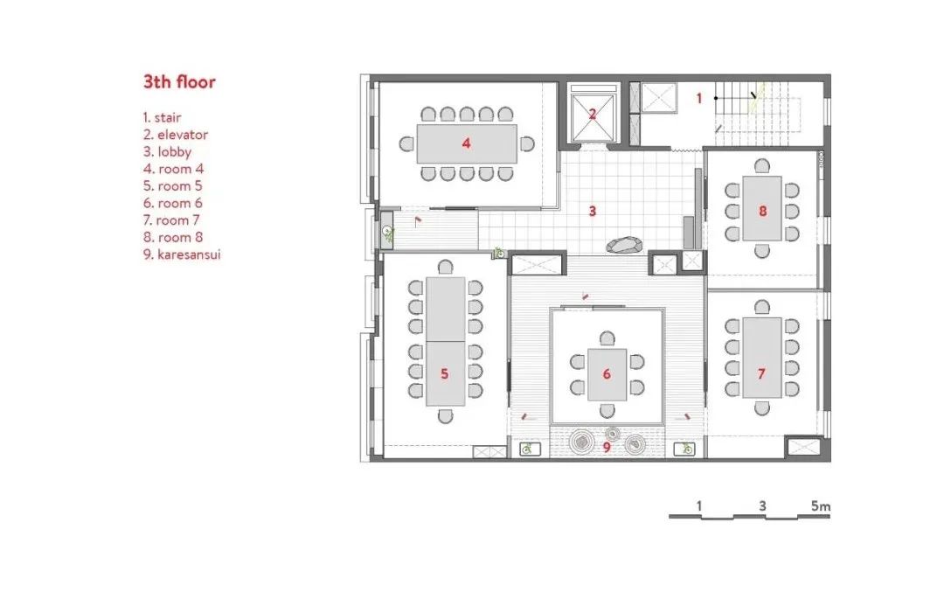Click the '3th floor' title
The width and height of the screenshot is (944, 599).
pyautogui.click(x=179, y=81)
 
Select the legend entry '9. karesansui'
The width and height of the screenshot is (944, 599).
pyautogui.click(x=182, y=254)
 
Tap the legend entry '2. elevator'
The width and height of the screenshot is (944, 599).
pyautogui.click(x=176, y=135)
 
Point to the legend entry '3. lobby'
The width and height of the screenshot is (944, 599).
pyautogui.click(x=167, y=151)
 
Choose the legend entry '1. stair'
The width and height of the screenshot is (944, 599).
pyautogui.click(x=162, y=117)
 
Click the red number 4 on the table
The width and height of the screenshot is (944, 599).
pyautogui.click(x=466, y=143)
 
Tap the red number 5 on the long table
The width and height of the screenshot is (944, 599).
pyautogui.click(x=444, y=374)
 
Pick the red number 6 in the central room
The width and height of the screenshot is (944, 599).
pyautogui.click(x=607, y=374)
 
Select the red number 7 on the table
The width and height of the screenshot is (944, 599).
pyautogui.click(x=761, y=374)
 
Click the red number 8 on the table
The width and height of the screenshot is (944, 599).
pyautogui.click(x=763, y=211)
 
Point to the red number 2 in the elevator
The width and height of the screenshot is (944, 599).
pyautogui.click(x=593, y=114)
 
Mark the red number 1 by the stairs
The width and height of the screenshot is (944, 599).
pyautogui.click(x=699, y=98)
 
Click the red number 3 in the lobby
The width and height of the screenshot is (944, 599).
pyautogui.click(x=593, y=211)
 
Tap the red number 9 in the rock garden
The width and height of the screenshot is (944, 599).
pyautogui.click(x=607, y=448)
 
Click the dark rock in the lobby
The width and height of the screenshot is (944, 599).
pyautogui.click(x=624, y=245)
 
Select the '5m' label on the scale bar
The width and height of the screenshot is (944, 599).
pyautogui.click(x=821, y=505)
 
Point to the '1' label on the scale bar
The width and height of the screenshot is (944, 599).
pyautogui.click(x=699, y=505)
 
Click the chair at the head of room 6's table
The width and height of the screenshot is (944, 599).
pyautogui.click(x=607, y=339)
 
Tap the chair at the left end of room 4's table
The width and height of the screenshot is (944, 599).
pyautogui.click(x=407, y=144)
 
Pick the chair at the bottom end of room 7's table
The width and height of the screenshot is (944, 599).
pyautogui.click(x=761, y=408)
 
